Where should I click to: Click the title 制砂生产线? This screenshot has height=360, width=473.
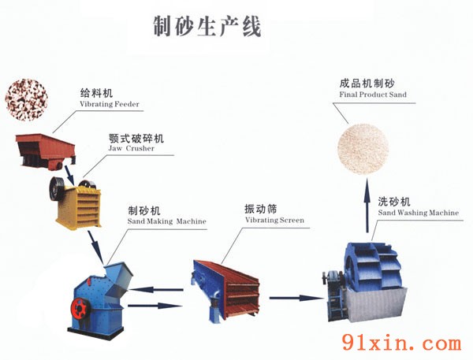pyautogui.click(x=207, y=27)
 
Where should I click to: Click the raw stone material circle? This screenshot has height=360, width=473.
pyautogui.click(x=27, y=100)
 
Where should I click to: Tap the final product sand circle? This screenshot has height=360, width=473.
pyautogui.click(x=363, y=148)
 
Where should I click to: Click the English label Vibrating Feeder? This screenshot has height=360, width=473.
pyautogui.click(x=110, y=104)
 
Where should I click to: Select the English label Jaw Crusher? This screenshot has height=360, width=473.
pyautogui.click(x=131, y=148)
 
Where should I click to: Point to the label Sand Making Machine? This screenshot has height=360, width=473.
pyautogui.click(x=167, y=221)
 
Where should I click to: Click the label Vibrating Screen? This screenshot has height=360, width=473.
pyautogui.click(x=274, y=220)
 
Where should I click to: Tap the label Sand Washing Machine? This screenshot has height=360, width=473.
pyautogui.click(x=419, y=213)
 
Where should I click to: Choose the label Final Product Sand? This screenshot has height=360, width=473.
pyautogui.click(x=373, y=95)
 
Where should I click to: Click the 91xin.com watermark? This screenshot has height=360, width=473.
pyautogui.click(x=402, y=343)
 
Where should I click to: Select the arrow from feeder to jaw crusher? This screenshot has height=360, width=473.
pyautogui.click(x=69, y=175)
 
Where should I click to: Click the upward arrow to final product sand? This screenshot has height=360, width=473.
pyautogui.click(x=367, y=205)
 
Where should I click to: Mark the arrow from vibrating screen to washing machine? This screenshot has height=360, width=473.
pyautogui.click(x=296, y=298)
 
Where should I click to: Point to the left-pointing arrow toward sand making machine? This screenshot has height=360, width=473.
pyautogui.click(x=156, y=290)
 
